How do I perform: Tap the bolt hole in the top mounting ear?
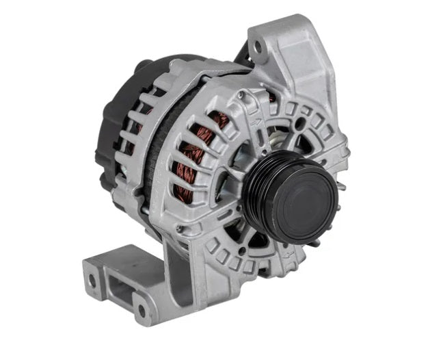(258, 47)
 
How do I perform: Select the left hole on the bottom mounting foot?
(92, 281)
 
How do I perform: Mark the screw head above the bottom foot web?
(180, 230)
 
